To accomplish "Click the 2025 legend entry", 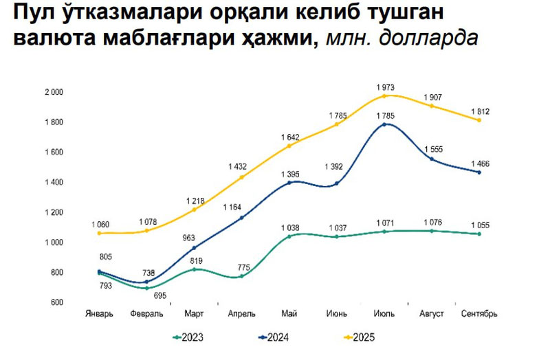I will pyautogui.click(x=359, y=337).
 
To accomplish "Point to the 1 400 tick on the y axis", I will pyautogui.click(x=54, y=182).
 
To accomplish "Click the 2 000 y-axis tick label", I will pyautogui.click(x=54, y=92).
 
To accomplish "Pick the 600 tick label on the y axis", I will pyautogui.click(x=58, y=302).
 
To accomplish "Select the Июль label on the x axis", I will pyautogui.click(x=384, y=314).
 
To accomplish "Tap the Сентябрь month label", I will pyautogui.click(x=478, y=314).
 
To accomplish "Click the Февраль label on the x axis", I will pyautogui.click(x=146, y=314).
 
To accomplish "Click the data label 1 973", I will pyautogui.click(x=385, y=87).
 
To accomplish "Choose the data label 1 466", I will pyautogui.click(x=479, y=163).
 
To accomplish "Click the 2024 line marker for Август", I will pyautogui.click(x=432, y=159).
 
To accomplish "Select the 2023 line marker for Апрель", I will pyautogui.click(x=241, y=276).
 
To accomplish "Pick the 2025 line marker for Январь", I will pyautogui.click(x=100, y=233).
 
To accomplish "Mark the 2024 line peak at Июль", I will pyautogui.click(x=384, y=124).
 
